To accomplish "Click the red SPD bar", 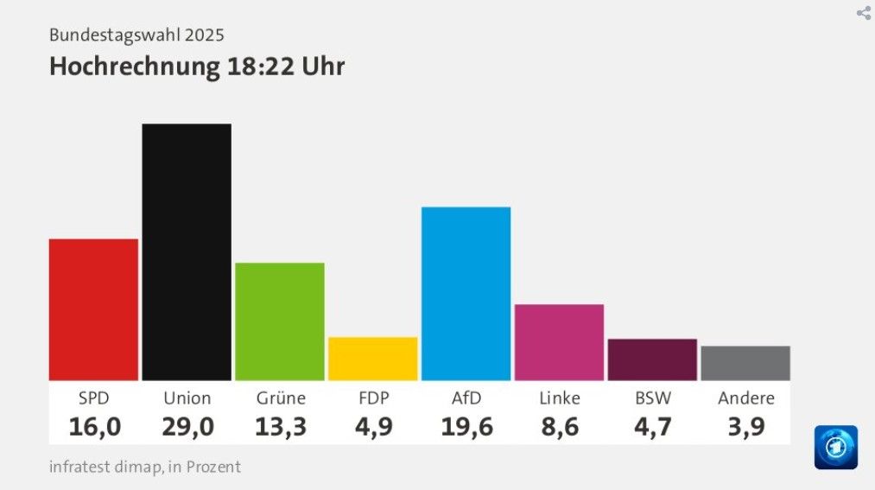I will (93, 309).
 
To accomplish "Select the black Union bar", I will (187, 251).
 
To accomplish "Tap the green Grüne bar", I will (280, 321).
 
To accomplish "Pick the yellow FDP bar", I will (373, 359).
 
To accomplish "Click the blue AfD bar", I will (466, 294).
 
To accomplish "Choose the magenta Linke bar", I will (559, 342).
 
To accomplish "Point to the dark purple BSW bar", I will (652, 360).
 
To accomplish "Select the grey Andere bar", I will (745, 363).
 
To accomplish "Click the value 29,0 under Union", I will (187, 426).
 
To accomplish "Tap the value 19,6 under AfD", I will (466, 426).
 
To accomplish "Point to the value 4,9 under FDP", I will (373, 426).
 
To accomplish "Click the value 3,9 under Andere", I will (745, 426).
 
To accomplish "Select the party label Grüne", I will (281, 398).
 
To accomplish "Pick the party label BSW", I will (653, 398).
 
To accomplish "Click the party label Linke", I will (560, 398).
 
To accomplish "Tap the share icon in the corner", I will (863, 13).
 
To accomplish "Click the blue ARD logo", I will (835, 447).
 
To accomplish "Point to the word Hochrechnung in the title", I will (134, 67).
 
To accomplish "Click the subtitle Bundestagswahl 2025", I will (136, 35).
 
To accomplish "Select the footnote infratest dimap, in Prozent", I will (145, 467).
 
